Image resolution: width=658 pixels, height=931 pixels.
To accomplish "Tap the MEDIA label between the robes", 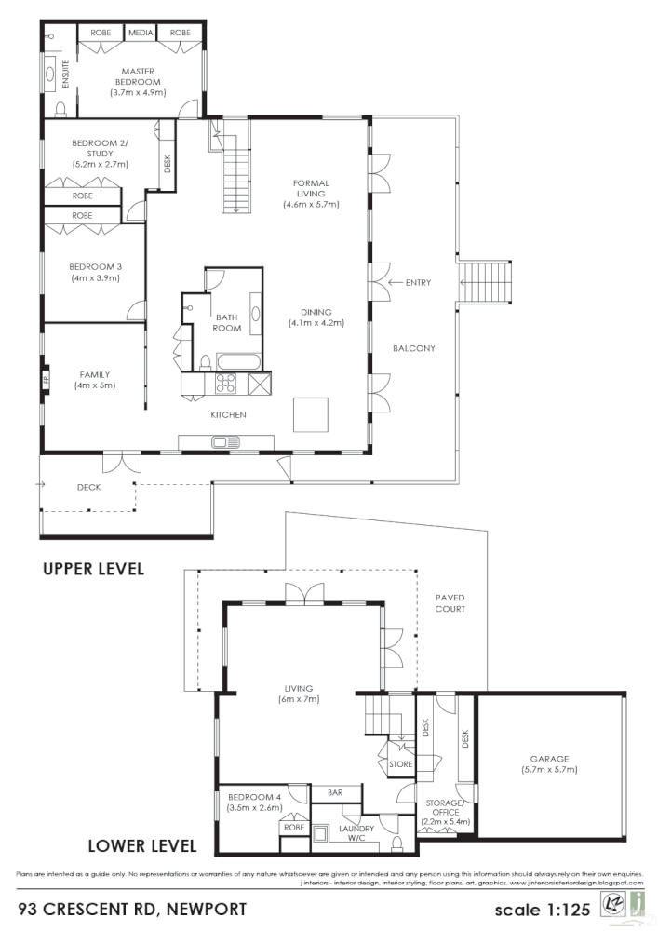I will click(x=141, y=33).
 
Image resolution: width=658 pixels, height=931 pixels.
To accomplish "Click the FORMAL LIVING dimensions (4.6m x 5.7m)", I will click(x=311, y=204).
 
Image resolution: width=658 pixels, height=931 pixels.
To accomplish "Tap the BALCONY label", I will click(x=414, y=348).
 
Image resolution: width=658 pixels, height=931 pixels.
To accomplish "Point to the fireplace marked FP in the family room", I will click(x=45, y=380).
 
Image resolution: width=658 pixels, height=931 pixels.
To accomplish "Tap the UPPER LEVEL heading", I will click(x=93, y=569).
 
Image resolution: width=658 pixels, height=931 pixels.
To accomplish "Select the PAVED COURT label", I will click(x=450, y=602).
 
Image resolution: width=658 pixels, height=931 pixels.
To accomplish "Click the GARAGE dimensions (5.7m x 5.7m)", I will click(x=549, y=770).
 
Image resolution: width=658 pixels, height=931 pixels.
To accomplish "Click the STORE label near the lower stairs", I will click(x=400, y=764).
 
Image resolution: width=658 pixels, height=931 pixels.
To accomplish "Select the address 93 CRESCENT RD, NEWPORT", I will click(x=131, y=908).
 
